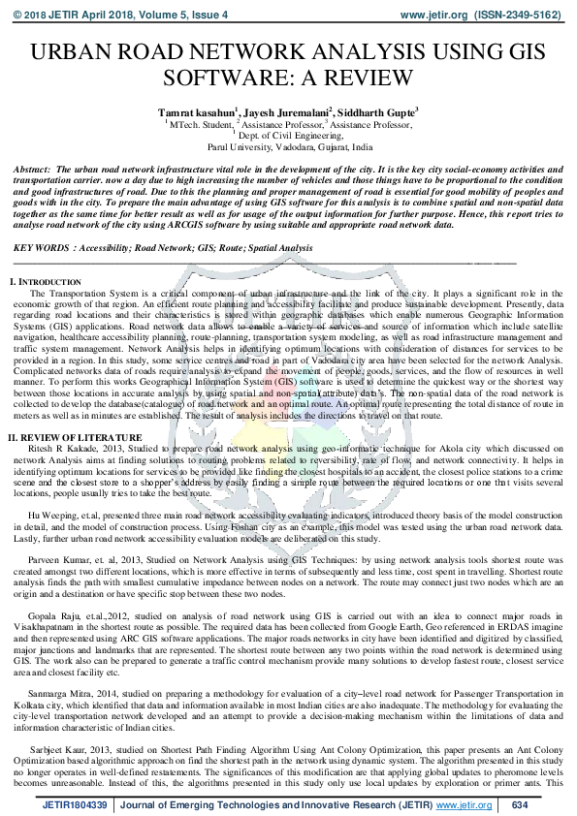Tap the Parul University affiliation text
(288, 146)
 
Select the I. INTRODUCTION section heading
(48, 281)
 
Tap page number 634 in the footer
(519, 803)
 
